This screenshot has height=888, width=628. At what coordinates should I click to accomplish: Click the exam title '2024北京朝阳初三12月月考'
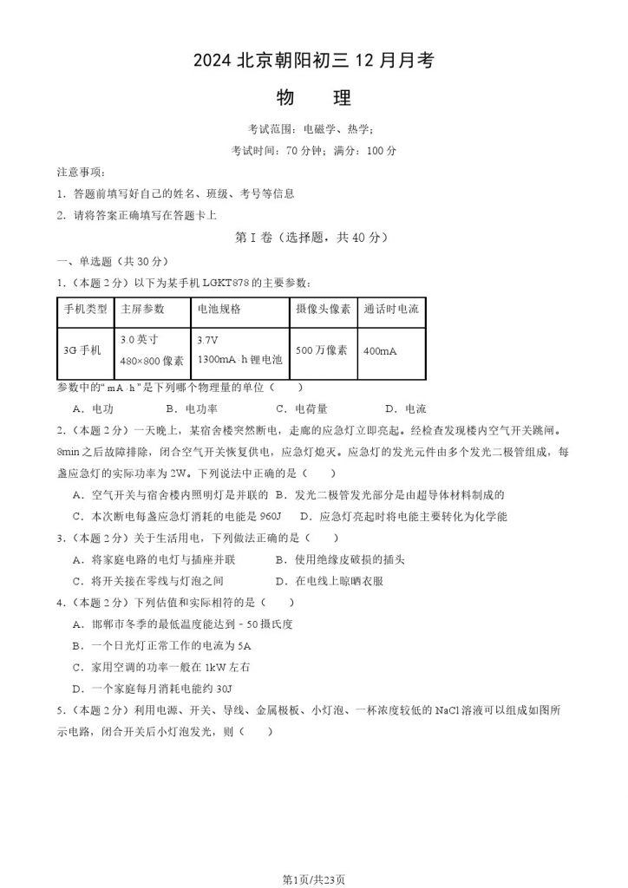click(x=313, y=60)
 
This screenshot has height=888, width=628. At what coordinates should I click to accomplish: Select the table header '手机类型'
click(x=85, y=309)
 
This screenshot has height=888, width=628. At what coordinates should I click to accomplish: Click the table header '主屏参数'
click(x=142, y=309)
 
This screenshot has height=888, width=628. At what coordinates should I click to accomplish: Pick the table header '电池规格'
click(x=219, y=309)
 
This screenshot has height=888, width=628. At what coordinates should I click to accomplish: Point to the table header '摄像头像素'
click(x=323, y=309)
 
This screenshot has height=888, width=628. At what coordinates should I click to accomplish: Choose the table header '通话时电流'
click(x=391, y=309)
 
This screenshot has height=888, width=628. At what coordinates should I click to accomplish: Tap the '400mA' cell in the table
click(x=381, y=350)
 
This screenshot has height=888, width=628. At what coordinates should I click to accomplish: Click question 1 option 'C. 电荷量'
click(x=301, y=409)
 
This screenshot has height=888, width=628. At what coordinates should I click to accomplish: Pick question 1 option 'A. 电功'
click(x=93, y=409)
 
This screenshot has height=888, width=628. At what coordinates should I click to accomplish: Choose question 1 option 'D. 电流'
click(x=404, y=409)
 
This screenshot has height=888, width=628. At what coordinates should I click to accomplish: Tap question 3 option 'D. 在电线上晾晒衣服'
click(x=329, y=581)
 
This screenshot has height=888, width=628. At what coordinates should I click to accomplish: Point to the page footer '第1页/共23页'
click(x=313, y=878)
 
